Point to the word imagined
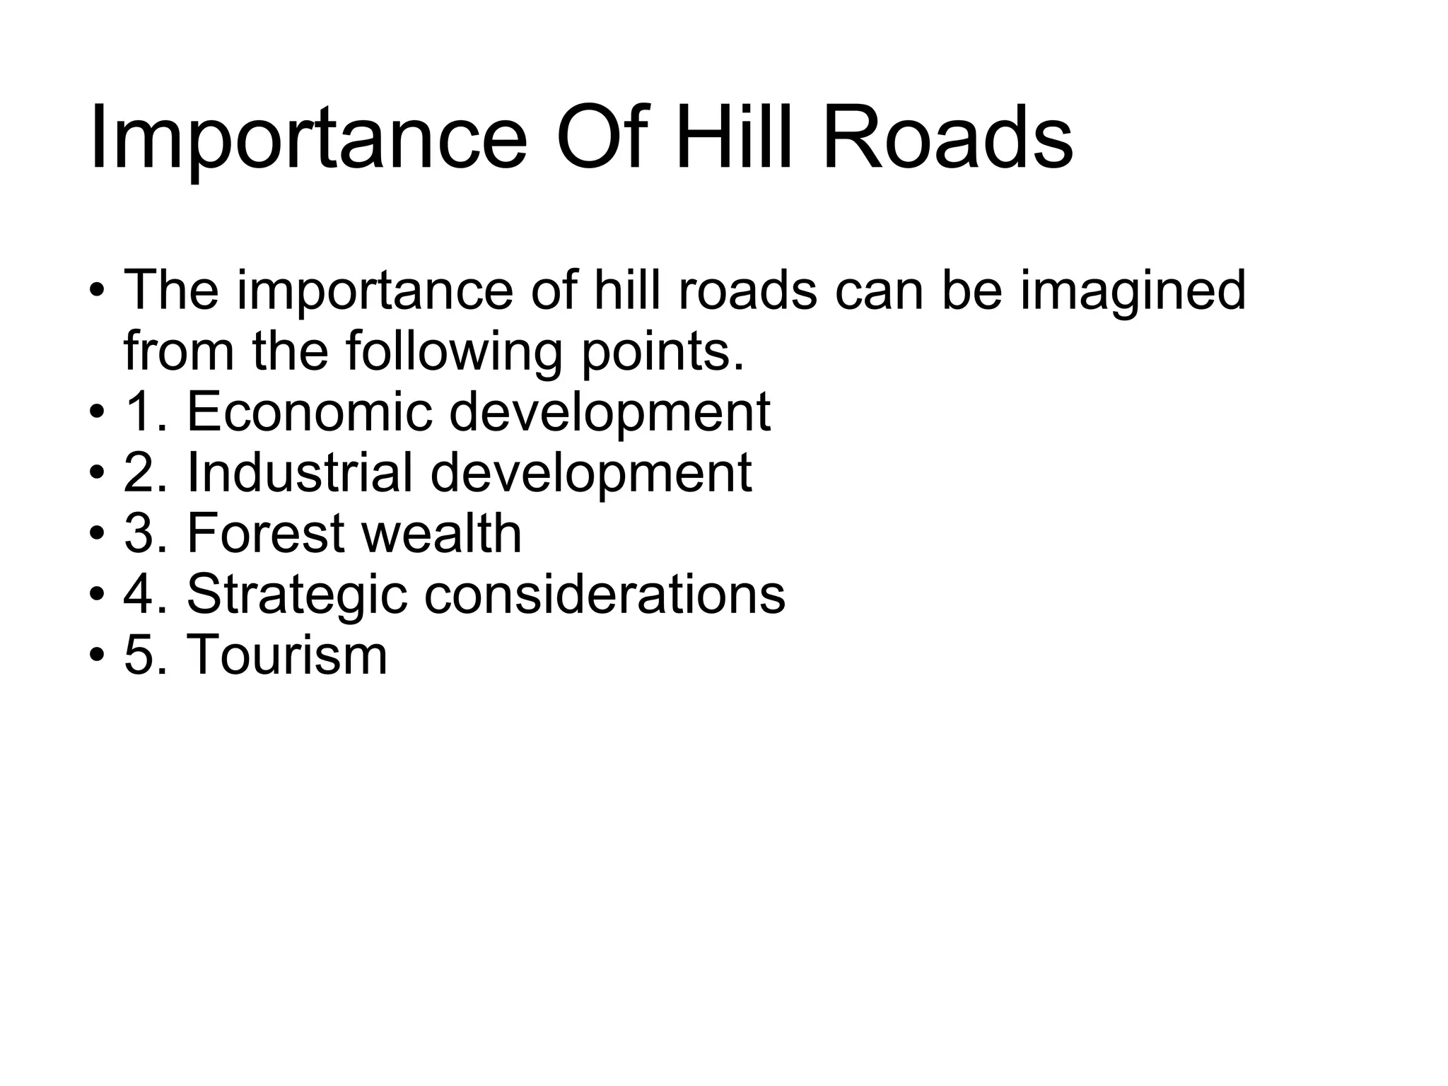pos(1132,291)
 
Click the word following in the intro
pos(454,351)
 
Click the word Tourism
pos(286,655)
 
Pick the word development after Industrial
pos(590,474)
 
